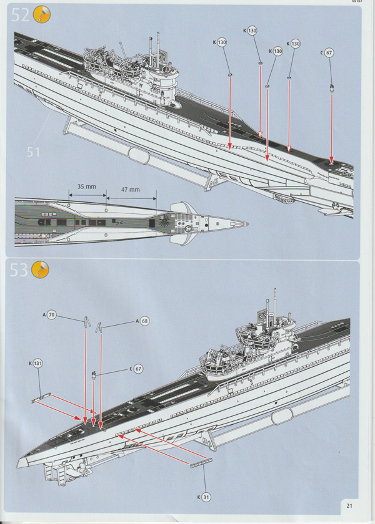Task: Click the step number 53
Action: pos(19,271)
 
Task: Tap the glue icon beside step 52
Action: pos(41,14)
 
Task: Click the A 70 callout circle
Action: pos(52,316)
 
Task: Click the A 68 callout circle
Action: pos(145,321)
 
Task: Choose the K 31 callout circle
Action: pos(207,497)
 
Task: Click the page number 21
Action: pos(350,505)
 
